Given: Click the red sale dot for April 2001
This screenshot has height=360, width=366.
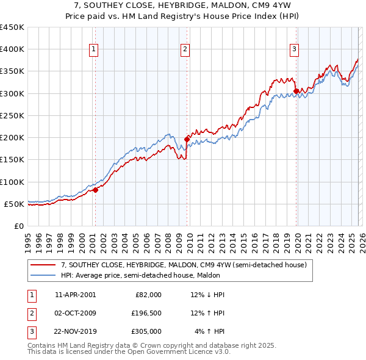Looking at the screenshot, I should [x=95, y=190].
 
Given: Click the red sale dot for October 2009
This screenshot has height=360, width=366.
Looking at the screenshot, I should [x=187, y=139].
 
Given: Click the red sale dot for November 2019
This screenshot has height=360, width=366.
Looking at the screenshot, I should [x=296, y=91].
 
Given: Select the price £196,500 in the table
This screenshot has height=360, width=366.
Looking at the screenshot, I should [x=146, y=313].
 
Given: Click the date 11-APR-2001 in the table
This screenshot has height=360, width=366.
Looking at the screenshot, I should [x=75, y=295].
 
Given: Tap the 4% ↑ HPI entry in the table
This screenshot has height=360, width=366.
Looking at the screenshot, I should [x=210, y=331].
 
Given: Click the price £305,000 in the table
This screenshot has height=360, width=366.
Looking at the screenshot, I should [x=146, y=331].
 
